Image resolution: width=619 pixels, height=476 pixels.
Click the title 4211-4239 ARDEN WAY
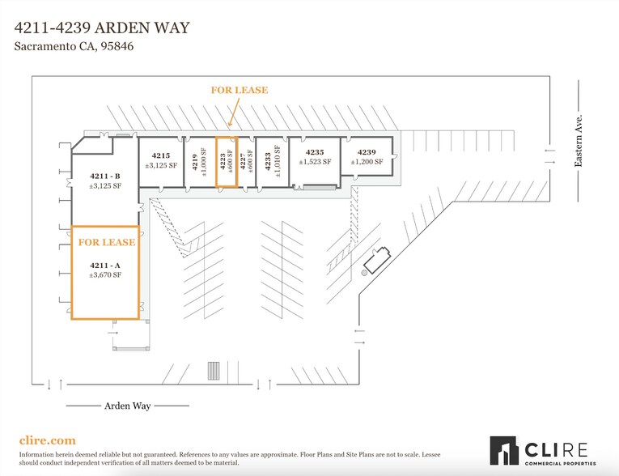(103, 28)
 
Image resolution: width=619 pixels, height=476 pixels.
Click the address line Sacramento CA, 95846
(74, 47)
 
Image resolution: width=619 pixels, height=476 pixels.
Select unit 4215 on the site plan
(160, 160)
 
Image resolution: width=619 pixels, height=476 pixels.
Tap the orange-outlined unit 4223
(226, 162)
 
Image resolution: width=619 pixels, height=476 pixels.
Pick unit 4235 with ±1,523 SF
(315, 157)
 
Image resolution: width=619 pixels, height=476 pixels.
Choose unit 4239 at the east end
(367, 157)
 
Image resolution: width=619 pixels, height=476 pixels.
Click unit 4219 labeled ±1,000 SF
(199, 162)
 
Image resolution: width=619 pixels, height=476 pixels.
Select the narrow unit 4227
(246, 162)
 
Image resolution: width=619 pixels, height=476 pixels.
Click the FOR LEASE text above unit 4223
(240, 91)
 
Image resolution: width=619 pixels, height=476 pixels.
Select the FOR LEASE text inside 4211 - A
(106, 242)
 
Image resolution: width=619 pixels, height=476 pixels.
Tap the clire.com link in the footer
(47, 440)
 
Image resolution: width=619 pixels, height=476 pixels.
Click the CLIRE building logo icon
(505, 451)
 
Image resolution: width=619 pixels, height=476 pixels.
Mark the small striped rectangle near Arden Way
(214, 370)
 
